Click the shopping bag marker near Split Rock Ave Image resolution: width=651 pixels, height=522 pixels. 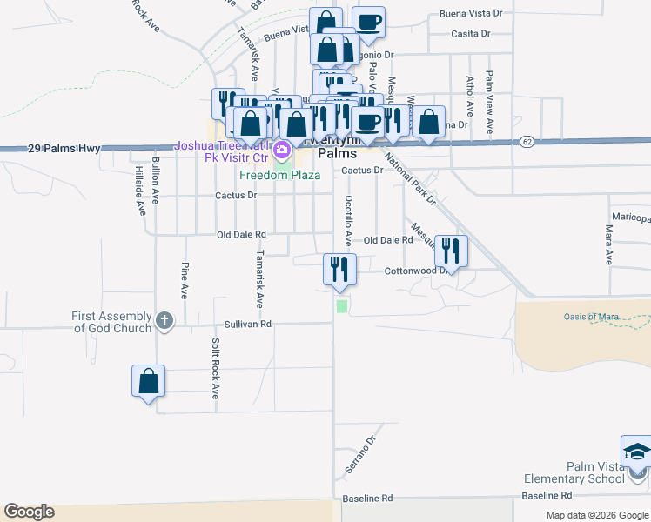tap(148, 381)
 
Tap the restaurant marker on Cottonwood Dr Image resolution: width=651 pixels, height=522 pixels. tap(451, 251)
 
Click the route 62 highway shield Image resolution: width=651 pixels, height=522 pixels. tap(527, 141)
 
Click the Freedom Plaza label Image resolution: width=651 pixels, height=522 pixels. tap(280, 175)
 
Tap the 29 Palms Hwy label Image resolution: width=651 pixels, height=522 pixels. tap(58, 149)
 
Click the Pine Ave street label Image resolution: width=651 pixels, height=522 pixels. tap(185, 280)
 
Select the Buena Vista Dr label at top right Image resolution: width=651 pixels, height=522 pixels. tap(471, 14)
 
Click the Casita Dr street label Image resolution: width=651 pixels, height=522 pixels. tap(471, 34)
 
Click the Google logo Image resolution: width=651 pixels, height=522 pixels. tap(29, 512)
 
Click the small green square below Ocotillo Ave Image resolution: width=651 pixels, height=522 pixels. tap(342, 305)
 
